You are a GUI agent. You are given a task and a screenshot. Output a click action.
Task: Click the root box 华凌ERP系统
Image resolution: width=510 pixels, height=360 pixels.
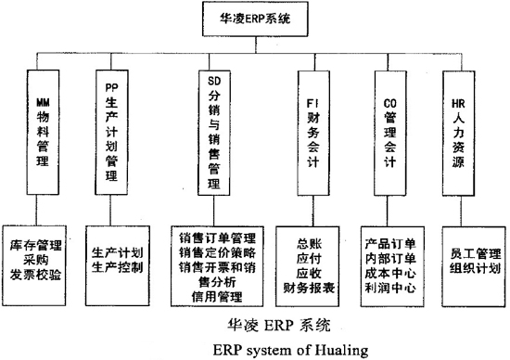point(255,17)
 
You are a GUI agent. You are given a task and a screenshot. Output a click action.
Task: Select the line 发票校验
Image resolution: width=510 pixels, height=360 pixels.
point(41,276)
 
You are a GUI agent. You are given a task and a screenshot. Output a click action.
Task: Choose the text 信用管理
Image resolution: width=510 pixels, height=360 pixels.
point(215,297)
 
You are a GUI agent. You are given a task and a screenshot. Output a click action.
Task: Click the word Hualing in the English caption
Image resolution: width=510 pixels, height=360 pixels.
point(312,350)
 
